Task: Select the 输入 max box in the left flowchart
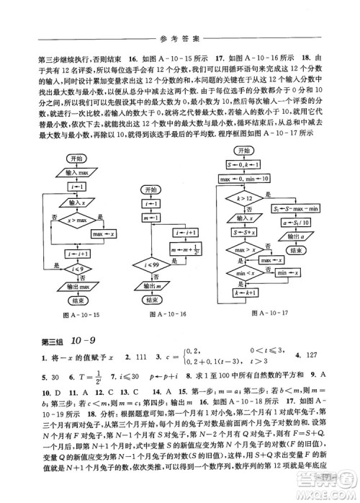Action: tap(77, 174)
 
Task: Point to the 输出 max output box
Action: tap(77, 286)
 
